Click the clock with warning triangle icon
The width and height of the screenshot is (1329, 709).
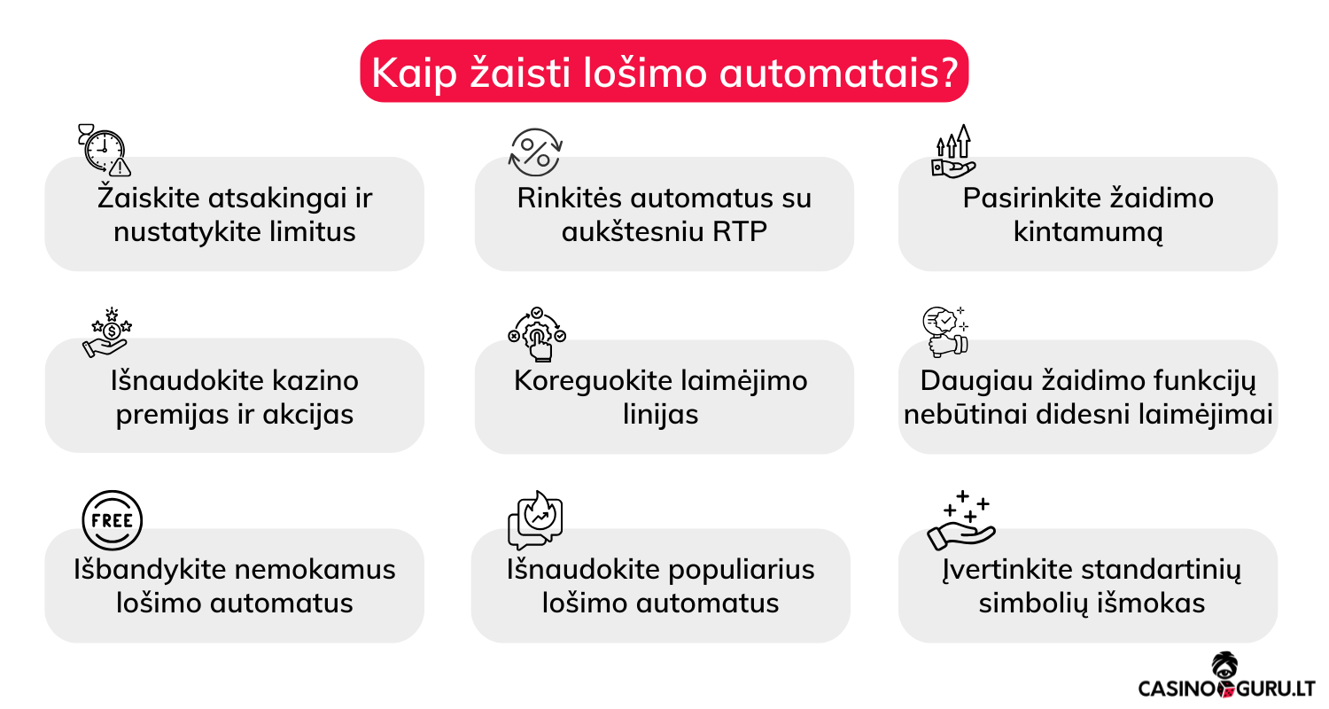click(104, 148)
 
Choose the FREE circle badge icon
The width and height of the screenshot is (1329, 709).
click(112, 520)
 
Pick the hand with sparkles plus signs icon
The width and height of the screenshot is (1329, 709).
click(961, 520)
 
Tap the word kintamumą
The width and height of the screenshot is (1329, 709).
click(1088, 232)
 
